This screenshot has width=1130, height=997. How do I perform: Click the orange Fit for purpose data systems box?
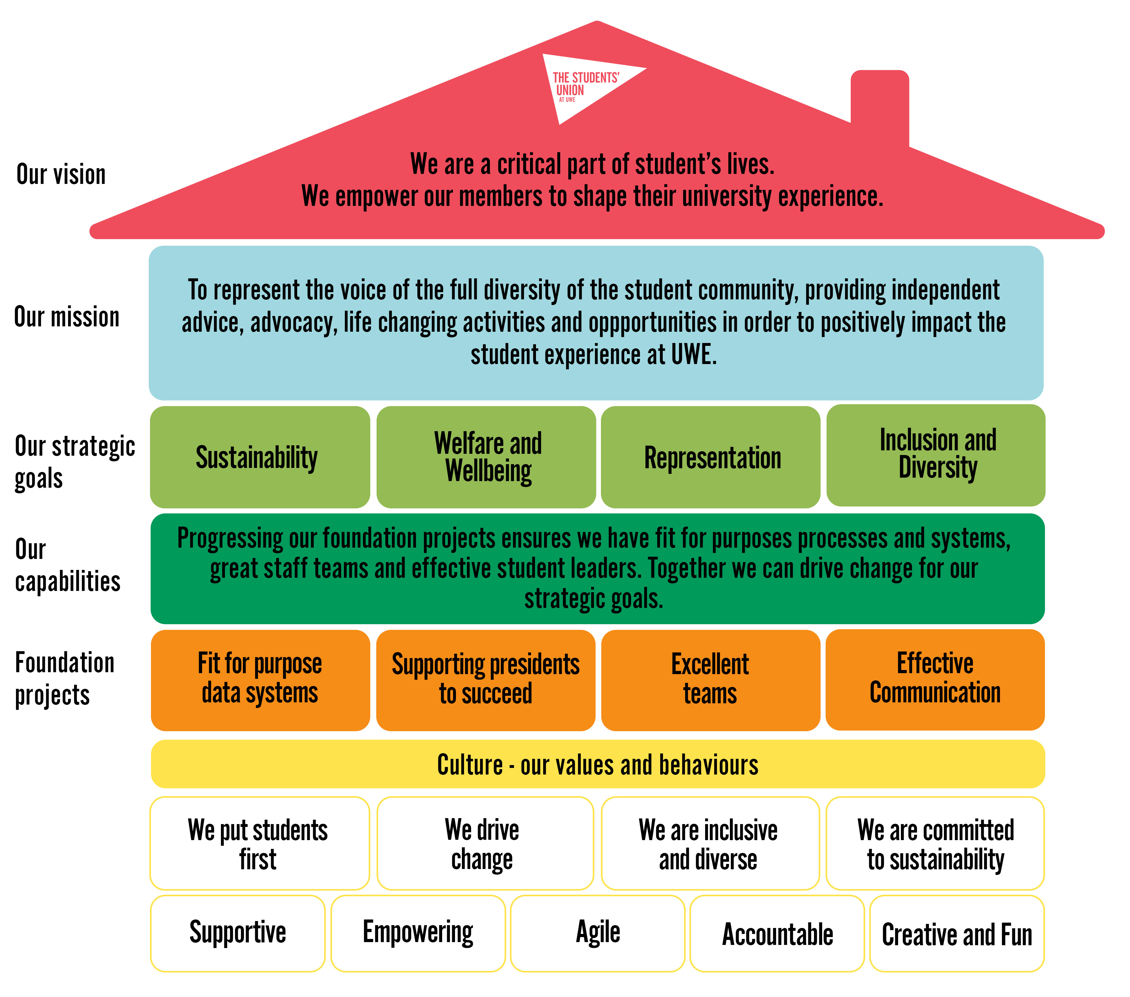(260, 680)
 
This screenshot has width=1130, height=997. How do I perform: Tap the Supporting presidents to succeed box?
(485, 680)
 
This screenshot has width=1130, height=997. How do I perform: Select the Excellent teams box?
(710, 680)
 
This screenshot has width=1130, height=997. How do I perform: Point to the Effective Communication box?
(935, 679)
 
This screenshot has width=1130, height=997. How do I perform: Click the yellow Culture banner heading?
(597, 764)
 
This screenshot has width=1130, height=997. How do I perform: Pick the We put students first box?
(259, 843)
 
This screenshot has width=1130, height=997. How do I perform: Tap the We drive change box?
(485, 843)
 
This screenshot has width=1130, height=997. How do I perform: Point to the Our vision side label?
(61, 174)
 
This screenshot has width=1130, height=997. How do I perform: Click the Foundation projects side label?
(65, 678)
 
